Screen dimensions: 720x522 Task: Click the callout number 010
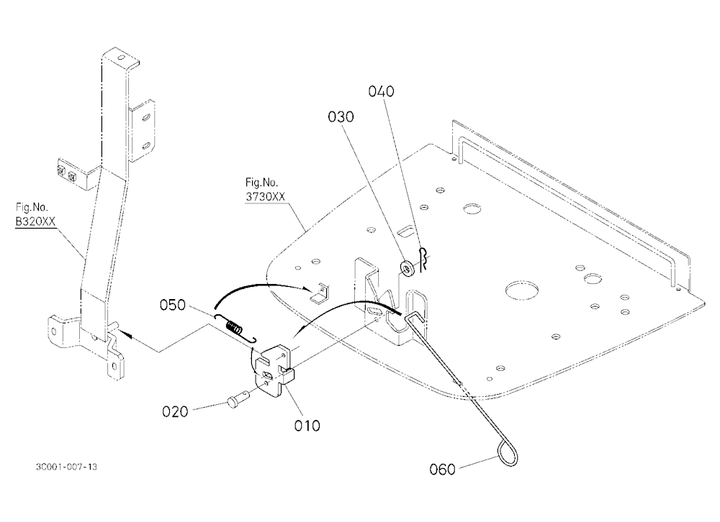point(307,426)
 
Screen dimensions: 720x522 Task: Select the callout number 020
point(175,411)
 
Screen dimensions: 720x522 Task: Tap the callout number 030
point(341,117)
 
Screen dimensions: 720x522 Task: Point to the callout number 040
point(381,91)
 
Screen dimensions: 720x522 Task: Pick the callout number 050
point(173,305)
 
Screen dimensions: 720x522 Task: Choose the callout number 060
point(442,470)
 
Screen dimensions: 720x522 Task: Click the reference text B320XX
point(35,221)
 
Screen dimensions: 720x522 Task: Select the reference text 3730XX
point(265,197)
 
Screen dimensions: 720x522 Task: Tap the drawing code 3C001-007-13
point(66,467)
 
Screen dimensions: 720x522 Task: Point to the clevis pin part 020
point(238,398)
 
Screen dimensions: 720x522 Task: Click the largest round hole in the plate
point(521,290)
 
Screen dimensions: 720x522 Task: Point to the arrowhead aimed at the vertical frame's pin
point(127,336)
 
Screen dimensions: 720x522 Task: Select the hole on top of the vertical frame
point(121,58)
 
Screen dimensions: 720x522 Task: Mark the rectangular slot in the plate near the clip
point(405,232)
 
